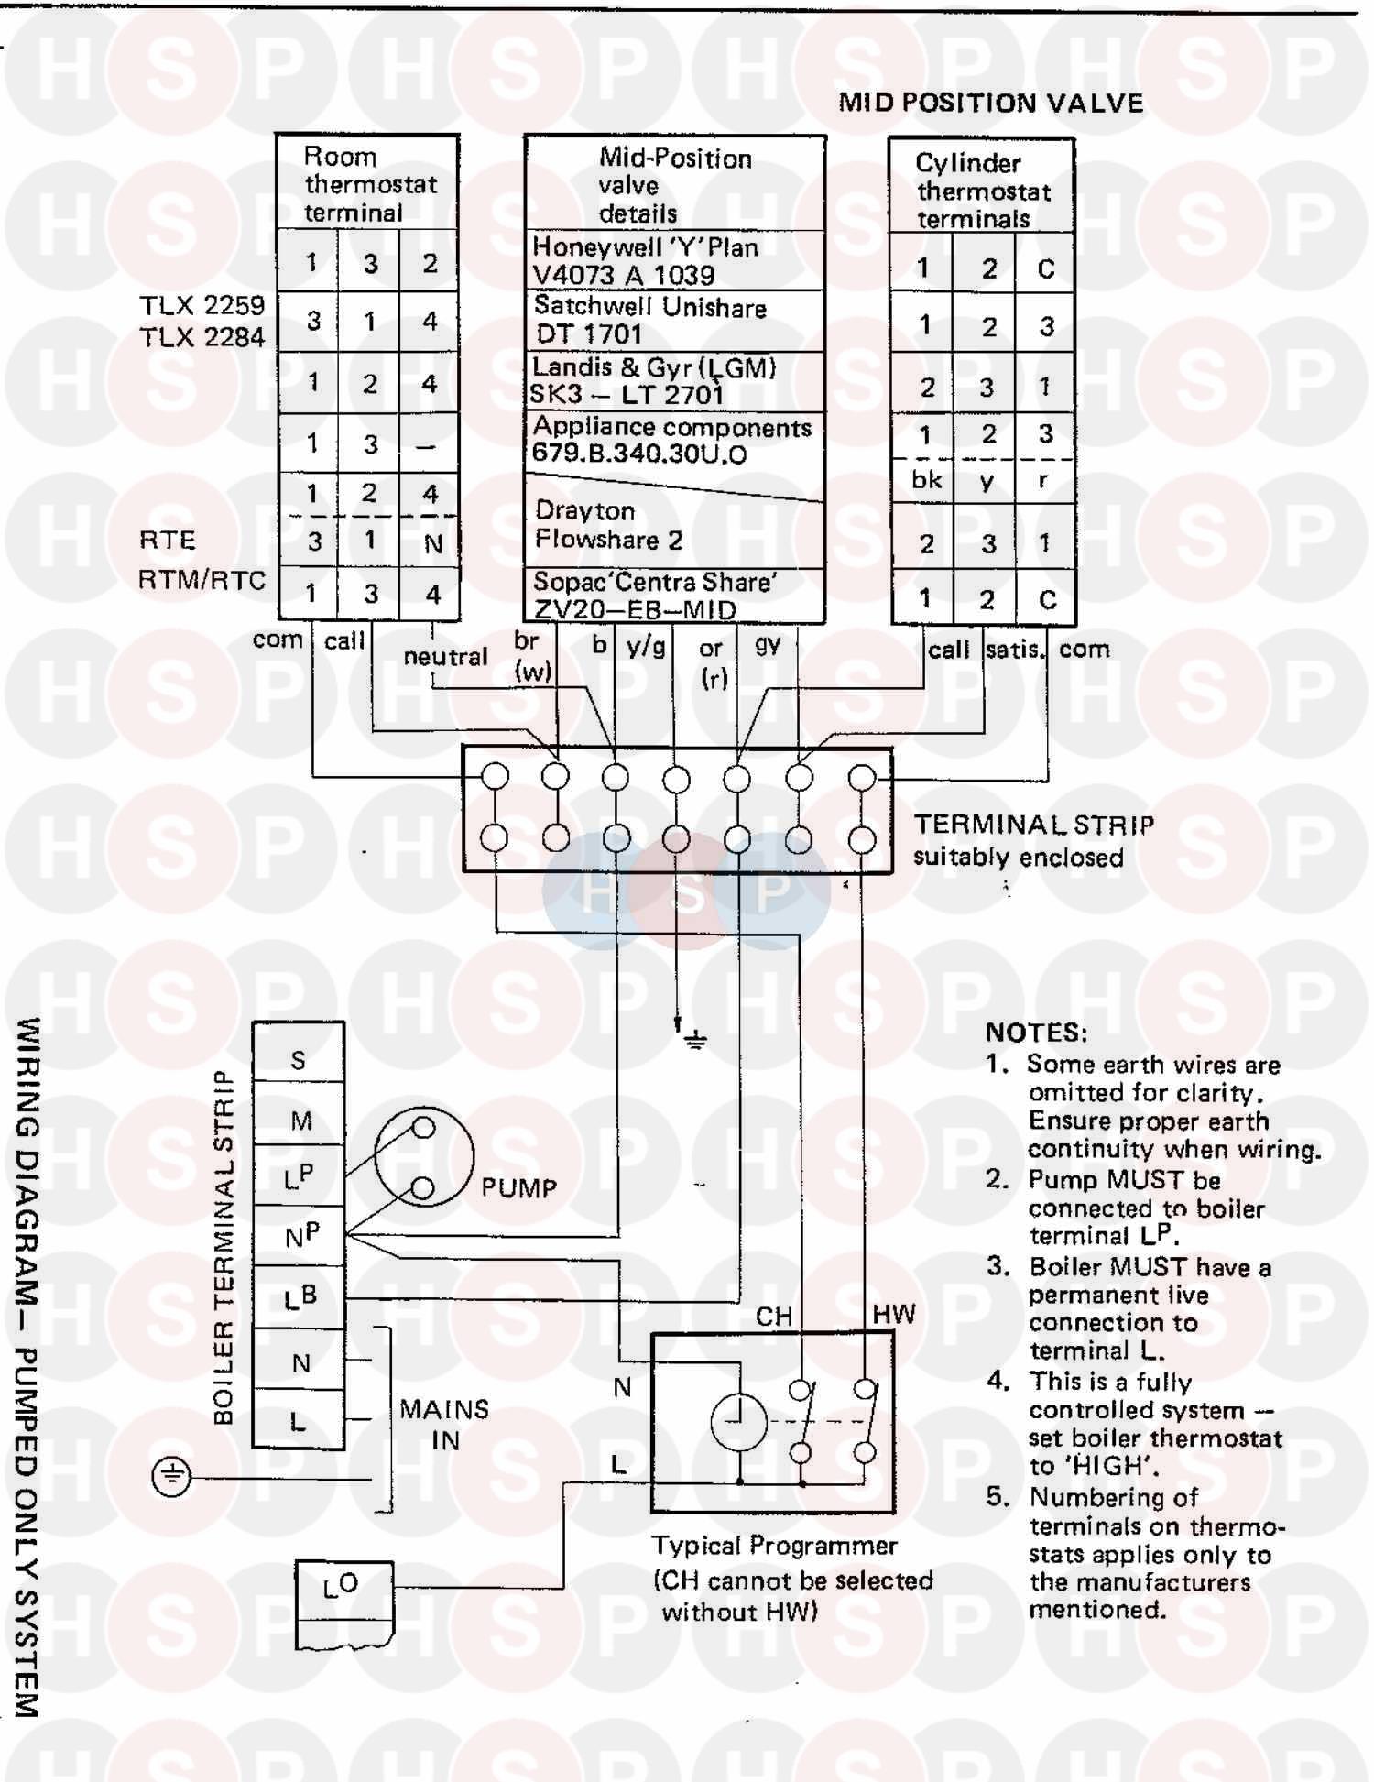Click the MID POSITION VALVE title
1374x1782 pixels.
[991, 103]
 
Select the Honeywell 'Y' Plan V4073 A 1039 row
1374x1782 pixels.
[646, 261]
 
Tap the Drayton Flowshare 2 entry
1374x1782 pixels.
[609, 525]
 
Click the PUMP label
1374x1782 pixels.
[518, 1188]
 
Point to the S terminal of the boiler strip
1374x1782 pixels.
[299, 1060]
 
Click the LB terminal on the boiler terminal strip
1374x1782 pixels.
[300, 1297]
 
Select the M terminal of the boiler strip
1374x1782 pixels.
[301, 1121]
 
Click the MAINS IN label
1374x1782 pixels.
[444, 1425]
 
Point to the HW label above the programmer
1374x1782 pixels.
[893, 1314]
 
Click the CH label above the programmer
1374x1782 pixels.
[774, 1317]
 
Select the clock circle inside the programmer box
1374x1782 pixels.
[738, 1422]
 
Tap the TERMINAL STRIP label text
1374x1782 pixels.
[1034, 825]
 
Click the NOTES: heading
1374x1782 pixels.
[1036, 1033]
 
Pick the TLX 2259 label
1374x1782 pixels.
[202, 305]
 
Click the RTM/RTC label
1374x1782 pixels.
[202, 580]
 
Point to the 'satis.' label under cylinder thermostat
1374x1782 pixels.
[1014, 650]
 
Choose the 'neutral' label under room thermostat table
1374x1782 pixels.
[445, 657]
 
